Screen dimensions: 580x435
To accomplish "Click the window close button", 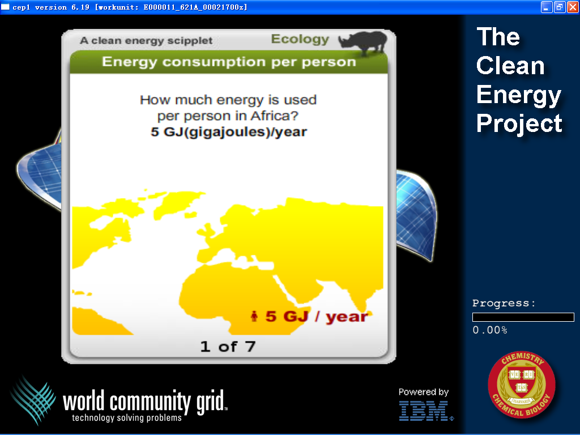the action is (572, 7).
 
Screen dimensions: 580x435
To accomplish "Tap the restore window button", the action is (560, 7).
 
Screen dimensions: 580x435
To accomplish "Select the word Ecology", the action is (300, 39).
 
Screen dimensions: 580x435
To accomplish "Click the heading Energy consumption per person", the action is (229, 62).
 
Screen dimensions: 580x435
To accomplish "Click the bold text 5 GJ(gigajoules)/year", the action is (229, 132).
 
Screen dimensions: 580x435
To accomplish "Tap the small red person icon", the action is (254, 316).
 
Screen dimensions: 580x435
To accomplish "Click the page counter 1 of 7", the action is (228, 347).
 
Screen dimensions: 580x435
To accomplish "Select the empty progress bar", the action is (523, 317).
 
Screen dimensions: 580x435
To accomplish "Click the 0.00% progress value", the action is (490, 330).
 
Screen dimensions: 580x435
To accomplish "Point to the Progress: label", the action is (504, 304).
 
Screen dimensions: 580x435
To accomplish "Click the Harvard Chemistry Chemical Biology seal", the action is (522, 385).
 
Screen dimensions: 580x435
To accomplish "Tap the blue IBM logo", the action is (425, 411).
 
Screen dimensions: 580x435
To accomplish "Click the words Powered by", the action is (424, 392).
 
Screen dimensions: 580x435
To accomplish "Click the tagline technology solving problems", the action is (127, 417).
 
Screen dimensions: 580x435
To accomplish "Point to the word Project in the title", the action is (519, 123).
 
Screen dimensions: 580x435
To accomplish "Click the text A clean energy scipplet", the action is (146, 40).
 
